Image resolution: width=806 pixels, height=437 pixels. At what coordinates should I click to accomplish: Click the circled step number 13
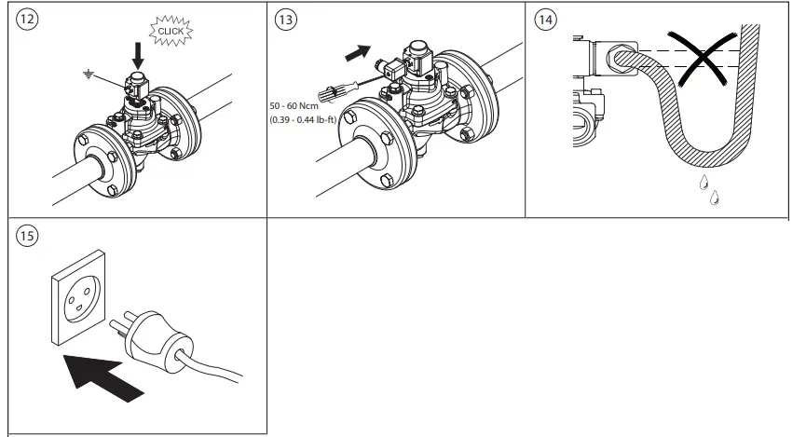[287, 20]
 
